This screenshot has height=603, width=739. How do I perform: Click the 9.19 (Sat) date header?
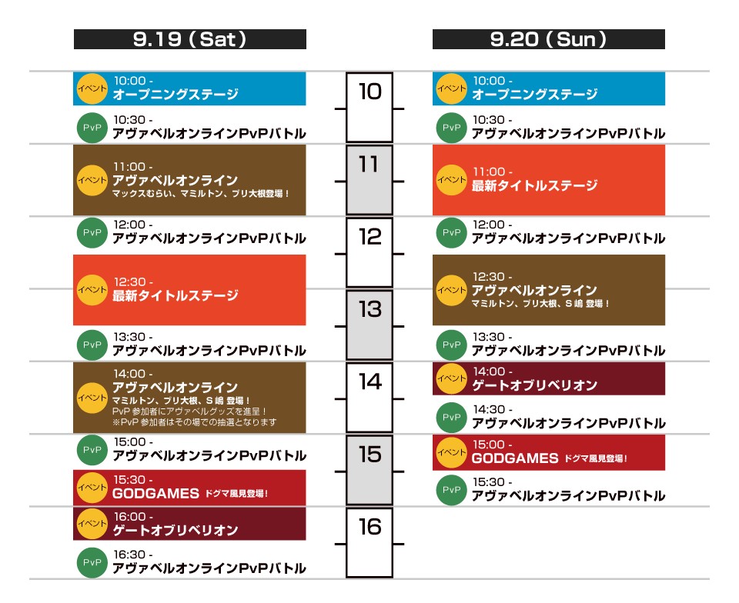click(189, 39)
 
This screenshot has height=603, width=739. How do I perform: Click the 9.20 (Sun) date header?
click(548, 39)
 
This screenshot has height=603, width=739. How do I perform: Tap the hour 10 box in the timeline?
click(369, 107)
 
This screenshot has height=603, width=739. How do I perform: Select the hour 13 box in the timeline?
click(369, 325)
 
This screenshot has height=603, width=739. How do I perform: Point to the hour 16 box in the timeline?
click(369, 542)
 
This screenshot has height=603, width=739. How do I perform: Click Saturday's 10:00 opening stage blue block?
click(189, 88)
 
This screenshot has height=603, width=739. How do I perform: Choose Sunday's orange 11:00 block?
click(548, 179)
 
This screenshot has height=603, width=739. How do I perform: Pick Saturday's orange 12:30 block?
click(189, 289)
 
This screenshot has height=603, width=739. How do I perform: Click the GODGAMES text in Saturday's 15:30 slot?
click(155, 494)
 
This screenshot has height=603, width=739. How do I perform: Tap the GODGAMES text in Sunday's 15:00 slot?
click(515, 458)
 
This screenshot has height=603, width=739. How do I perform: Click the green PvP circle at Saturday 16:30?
click(91, 563)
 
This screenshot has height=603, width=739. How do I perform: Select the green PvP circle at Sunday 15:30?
click(450, 490)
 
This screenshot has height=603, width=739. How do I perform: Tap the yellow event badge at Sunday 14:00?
click(450, 378)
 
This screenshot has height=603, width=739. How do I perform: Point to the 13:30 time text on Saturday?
click(133, 337)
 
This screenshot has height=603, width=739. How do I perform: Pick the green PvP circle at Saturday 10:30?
click(91, 128)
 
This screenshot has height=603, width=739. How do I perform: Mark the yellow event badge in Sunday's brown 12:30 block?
click(450, 290)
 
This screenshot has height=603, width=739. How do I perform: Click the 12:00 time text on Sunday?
click(492, 225)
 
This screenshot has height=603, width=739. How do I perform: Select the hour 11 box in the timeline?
click(369, 179)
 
